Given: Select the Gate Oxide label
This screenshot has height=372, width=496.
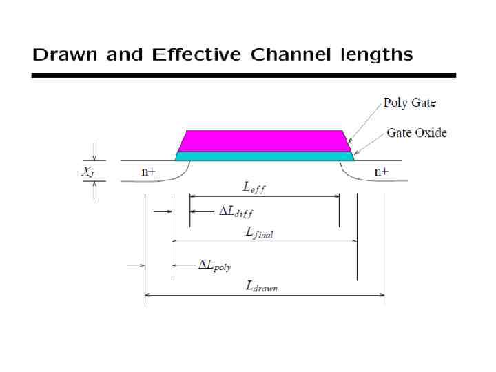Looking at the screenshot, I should (x=416, y=132).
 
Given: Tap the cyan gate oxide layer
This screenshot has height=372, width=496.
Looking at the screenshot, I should (x=265, y=156).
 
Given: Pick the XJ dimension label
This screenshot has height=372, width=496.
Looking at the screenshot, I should (x=87, y=172).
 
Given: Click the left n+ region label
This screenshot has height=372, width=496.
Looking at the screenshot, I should (x=148, y=172).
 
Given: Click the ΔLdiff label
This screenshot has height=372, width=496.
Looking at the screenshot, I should (x=236, y=212).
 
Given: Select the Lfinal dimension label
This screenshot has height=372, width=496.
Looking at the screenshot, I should (x=259, y=234).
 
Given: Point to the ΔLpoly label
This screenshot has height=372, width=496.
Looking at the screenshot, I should (x=215, y=265).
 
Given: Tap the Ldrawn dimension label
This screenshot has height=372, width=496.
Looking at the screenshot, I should (x=262, y=287).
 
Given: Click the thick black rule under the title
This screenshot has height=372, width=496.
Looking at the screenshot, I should (x=243, y=75).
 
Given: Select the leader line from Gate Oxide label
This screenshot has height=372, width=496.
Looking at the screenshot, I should (x=369, y=143).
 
